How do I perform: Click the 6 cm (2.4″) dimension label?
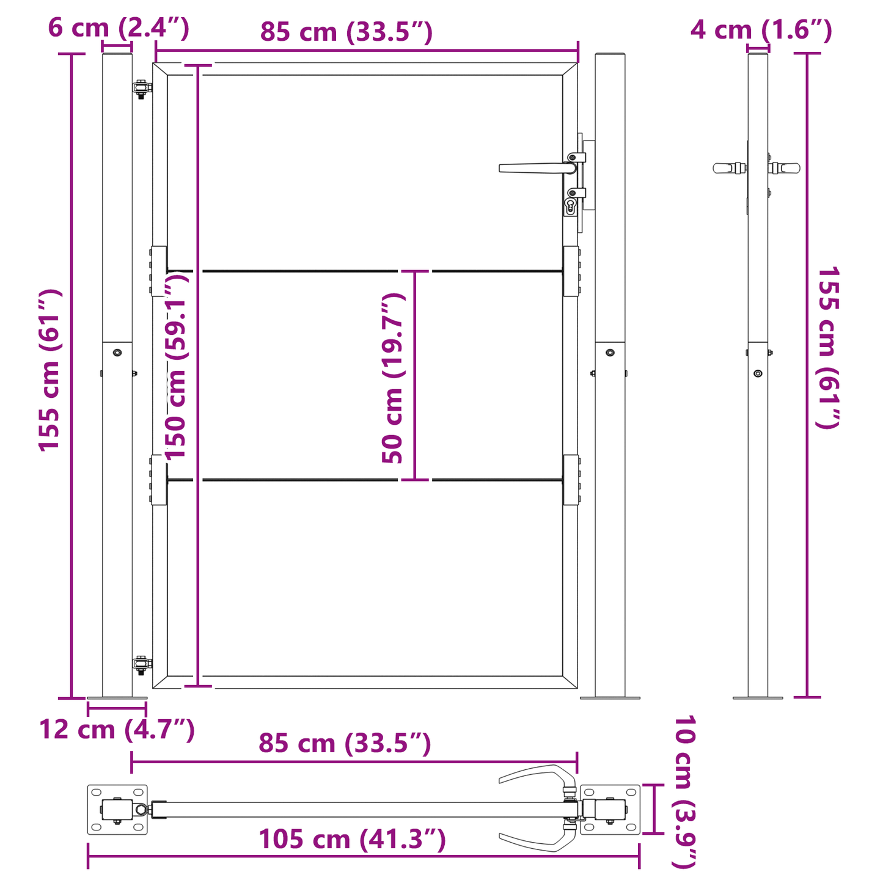tap(119, 28)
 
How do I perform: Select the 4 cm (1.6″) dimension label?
tap(761, 29)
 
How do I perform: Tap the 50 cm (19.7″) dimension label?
tap(392, 378)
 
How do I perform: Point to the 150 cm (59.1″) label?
tap(177, 365)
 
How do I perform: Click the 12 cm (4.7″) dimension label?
tap(117, 729)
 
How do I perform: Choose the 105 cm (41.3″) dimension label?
tap(352, 839)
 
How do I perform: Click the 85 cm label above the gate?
tap(346, 32)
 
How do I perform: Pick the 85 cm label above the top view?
tap(345, 744)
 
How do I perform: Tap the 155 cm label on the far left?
tap(50, 370)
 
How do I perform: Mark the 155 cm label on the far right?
tap(829, 347)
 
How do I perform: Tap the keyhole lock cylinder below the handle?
tap(571, 206)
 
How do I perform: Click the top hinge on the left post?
tap(142, 87)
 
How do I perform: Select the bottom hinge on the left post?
tap(142, 664)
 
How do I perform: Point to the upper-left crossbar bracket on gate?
tap(158, 271)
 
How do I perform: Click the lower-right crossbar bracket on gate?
tap(571, 480)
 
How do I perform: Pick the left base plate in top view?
tap(117, 810)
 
